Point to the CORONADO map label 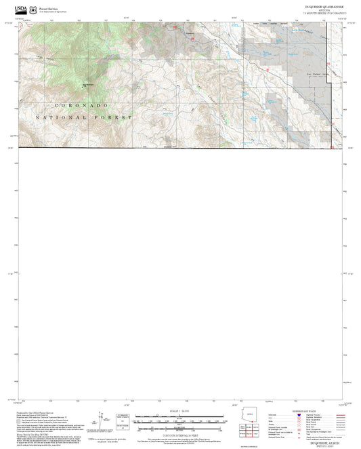point(81,106)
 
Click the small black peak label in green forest point(86,84)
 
